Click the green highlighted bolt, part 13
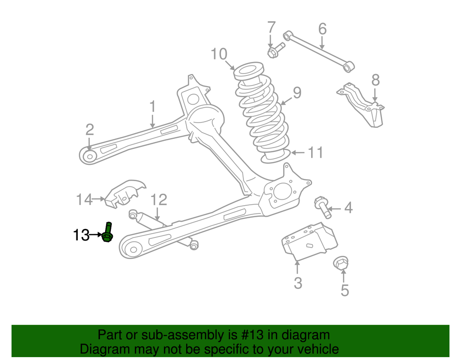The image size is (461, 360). click(x=108, y=233)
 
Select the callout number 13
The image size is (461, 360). click(x=81, y=236)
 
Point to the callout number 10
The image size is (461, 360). click(x=219, y=54)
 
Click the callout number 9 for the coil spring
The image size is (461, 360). click(x=297, y=92)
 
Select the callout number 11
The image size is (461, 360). click(x=315, y=153)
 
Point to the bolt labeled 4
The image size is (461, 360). click(x=322, y=206)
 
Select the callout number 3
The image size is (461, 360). click(x=298, y=283)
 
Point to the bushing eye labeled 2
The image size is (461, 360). click(x=89, y=156)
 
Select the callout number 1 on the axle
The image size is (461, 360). click(x=153, y=106)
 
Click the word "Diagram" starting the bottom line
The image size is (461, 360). click(x=103, y=348)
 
